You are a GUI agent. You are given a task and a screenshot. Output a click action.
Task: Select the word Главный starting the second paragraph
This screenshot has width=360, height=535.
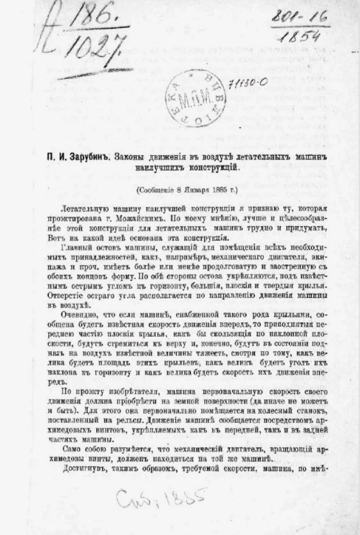(x=72, y=248)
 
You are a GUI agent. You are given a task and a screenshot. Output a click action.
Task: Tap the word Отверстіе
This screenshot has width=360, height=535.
(x=64, y=295)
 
